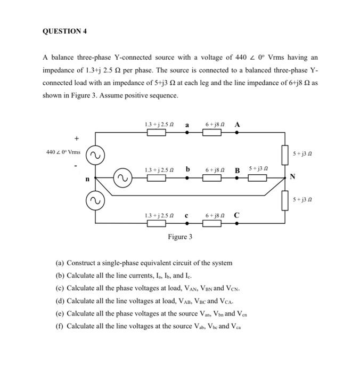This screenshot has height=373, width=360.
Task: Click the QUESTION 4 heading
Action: coord(64,31)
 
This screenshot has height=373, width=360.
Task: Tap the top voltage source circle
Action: coord(95,156)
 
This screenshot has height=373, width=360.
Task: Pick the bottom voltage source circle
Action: coord(95,201)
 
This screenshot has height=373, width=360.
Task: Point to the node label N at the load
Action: coord(292,176)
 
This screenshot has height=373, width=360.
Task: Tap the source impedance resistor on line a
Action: coord(156,132)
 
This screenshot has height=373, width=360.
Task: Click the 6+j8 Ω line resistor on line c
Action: coord(211,223)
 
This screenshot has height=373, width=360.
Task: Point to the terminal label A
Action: coord(237,125)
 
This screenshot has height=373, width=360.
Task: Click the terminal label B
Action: coord(238,171)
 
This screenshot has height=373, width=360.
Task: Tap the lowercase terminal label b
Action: coord(187,169)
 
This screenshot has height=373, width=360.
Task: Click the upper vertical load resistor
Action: coord(284,155)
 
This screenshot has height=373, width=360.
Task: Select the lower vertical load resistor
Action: coord(284,200)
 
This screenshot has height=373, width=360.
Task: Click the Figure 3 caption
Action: coord(180,237)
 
